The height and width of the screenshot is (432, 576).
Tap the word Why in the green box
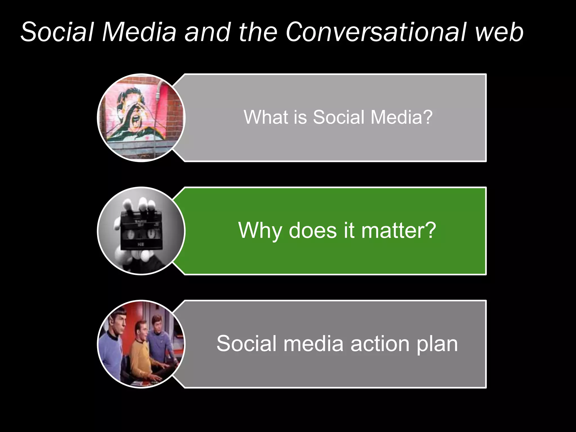pos(260,231)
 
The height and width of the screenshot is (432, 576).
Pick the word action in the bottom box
pos(380,344)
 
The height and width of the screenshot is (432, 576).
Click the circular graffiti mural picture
pos(141,118)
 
